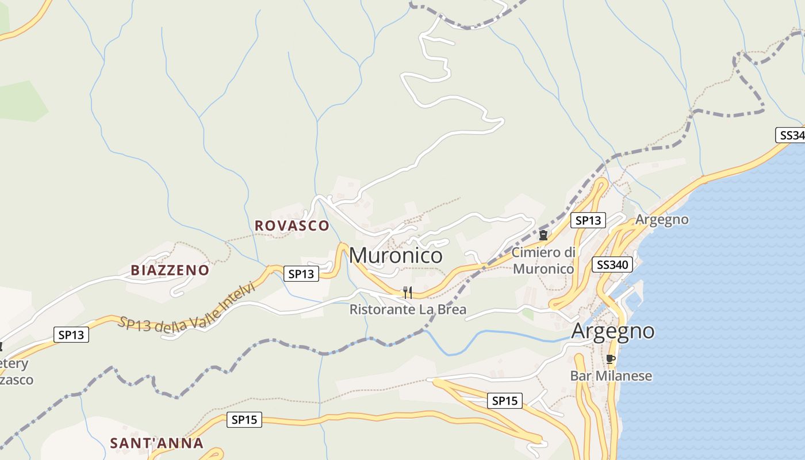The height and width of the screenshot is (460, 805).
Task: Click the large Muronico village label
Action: coord(396,255)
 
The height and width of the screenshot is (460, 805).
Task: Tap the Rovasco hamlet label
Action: coord(292,225)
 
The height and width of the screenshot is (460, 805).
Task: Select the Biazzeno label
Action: coord(170,270)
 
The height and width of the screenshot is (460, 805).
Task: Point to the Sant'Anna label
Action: coord(156,443)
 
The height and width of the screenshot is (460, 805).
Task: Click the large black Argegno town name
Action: coord(612,331)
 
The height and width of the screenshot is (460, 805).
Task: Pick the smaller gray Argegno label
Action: coord(661,220)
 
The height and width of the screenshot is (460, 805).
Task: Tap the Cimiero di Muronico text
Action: coord(543,260)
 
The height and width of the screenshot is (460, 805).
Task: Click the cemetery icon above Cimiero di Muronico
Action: coord(543,235)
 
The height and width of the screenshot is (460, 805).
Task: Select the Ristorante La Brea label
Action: coord(408,309)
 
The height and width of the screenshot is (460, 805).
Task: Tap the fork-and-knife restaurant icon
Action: coord(408,292)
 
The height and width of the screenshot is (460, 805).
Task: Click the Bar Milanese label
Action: coord(611,376)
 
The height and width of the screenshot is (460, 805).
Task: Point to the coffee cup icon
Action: coord(611,359)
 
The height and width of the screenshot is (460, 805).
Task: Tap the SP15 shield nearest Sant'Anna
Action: coord(244,420)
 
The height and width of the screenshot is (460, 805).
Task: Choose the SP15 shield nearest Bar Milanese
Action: coord(505,401)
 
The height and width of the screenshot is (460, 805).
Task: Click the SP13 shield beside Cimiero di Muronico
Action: coord(588,220)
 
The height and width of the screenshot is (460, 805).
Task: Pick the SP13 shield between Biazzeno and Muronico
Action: coord(301,274)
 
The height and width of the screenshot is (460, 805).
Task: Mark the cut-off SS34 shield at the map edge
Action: coord(791,135)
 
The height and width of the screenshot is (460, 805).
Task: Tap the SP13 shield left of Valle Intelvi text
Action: coord(71,335)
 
